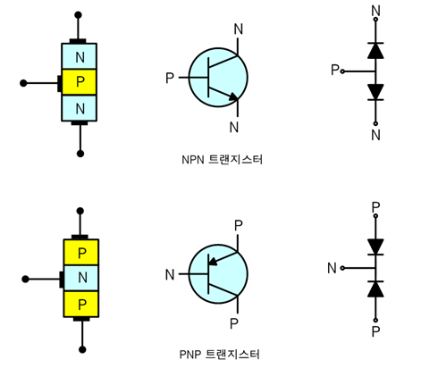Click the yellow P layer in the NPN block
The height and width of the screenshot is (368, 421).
[80, 83]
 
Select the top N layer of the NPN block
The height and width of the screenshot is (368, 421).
[80, 57]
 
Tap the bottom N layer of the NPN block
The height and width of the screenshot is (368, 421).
[80, 108]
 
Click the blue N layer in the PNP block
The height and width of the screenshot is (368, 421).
[81, 278]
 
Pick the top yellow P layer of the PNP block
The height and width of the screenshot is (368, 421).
[81, 252]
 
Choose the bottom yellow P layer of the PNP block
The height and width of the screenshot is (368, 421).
[81, 304]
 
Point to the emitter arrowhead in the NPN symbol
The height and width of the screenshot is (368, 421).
[234, 96]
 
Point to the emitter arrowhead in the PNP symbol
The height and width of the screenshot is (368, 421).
[214, 262]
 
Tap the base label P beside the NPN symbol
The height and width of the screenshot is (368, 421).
[170, 79]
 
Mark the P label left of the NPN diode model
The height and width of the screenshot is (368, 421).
[335, 70]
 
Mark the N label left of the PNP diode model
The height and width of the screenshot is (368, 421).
[332, 266]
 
